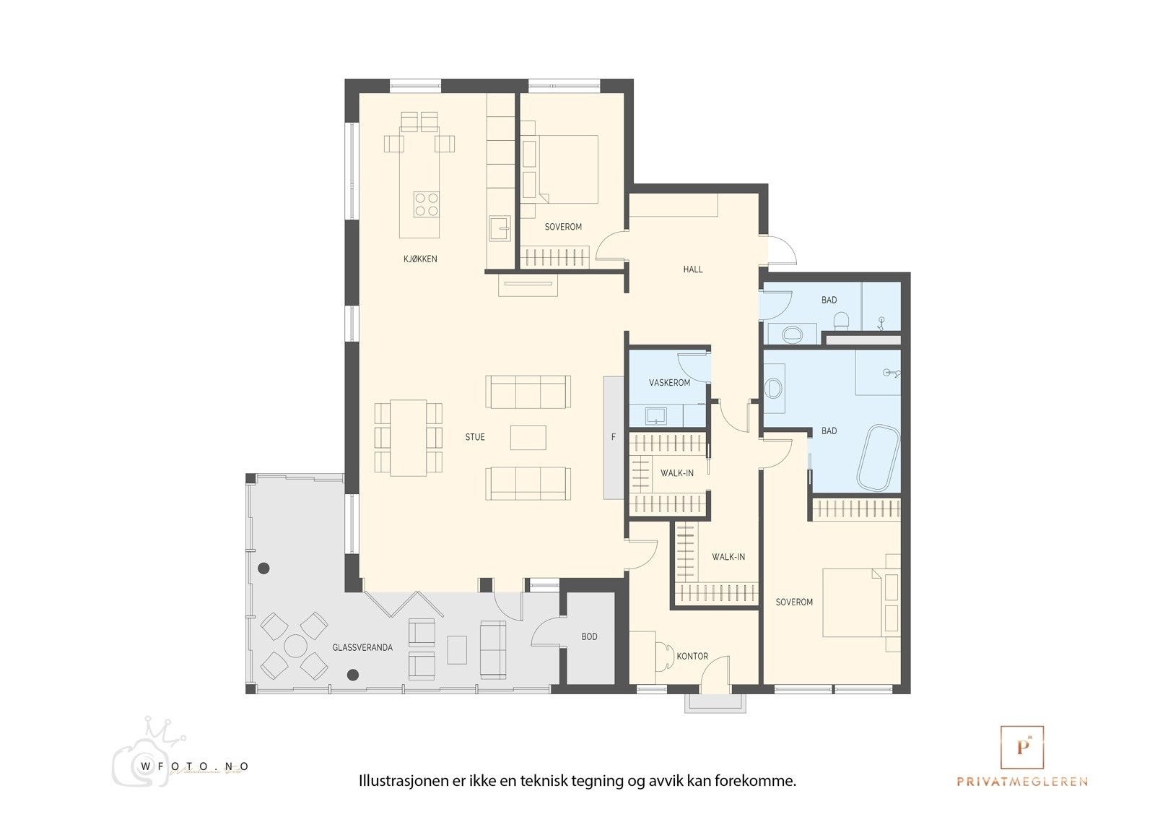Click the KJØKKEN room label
[x=420, y=259]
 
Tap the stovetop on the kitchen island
[x=426, y=204]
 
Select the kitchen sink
[x=499, y=229]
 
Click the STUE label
[x=475, y=437]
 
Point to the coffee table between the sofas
[x=528, y=438]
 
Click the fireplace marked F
[x=613, y=437]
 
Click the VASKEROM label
[x=669, y=383]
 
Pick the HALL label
[x=692, y=269]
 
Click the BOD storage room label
[x=589, y=637]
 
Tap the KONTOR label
[x=692, y=657]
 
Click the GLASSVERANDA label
[x=362, y=648]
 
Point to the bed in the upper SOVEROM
[x=567, y=168]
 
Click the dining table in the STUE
[x=409, y=438]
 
